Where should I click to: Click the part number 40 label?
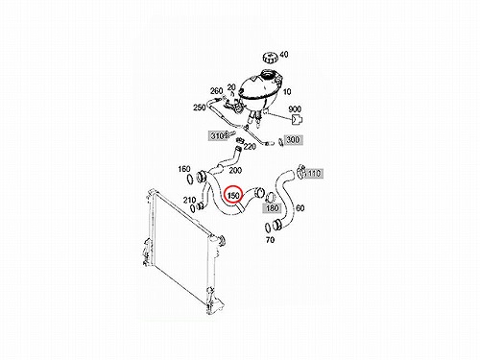(x=283, y=55)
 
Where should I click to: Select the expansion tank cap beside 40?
(x=270, y=58)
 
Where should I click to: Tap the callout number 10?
(x=287, y=91)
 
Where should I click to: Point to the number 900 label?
(x=295, y=108)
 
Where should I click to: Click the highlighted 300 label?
(x=293, y=139)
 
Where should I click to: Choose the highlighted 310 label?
(x=217, y=135)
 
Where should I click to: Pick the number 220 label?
(x=250, y=146)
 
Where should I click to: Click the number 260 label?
(x=216, y=91)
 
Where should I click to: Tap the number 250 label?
(x=200, y=108)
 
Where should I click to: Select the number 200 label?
(x=235, y=171)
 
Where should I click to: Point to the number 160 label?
(x=184, y=169)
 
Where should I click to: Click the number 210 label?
(x=190, y=200)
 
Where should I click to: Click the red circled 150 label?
(x=233, y=195)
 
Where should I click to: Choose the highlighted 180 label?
(x=272, y=208)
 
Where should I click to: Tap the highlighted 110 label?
(x=313, y=173)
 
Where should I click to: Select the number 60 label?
(x=300, y=208)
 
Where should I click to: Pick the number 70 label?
(x=270, y=239)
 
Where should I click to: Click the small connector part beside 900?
(x=297, y=119)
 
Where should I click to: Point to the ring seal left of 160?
(x=189, y=179)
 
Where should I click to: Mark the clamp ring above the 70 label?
(x=268, y=228)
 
